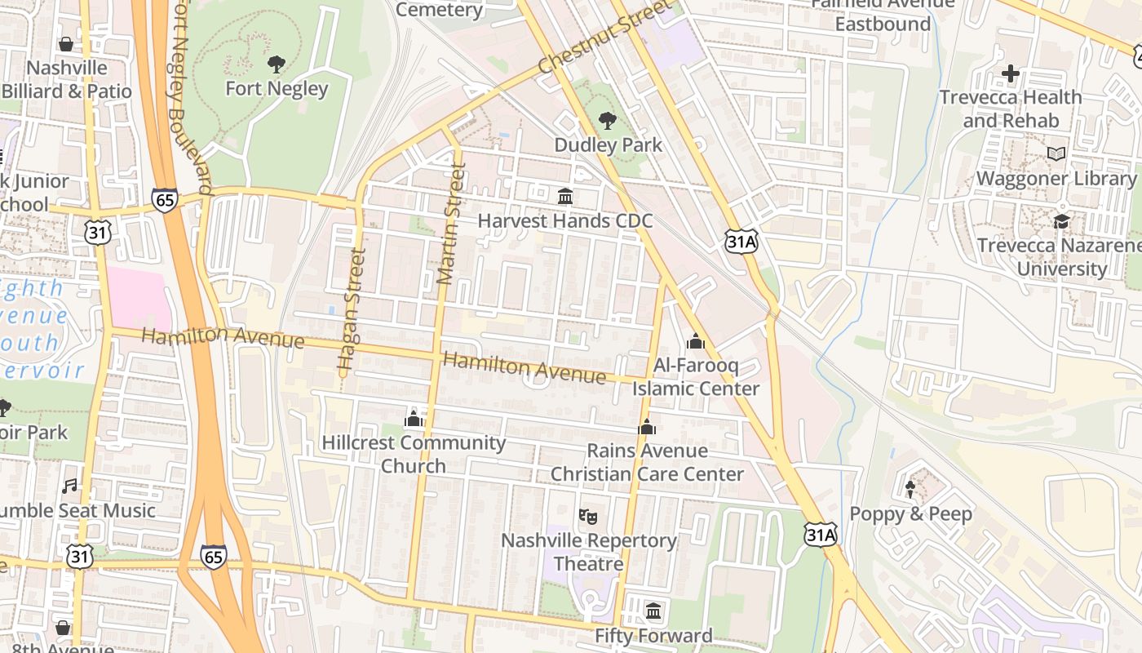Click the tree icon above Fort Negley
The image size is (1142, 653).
point(277,64)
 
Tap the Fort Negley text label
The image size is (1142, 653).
point(277,88)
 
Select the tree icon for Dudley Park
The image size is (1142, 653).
point(608,121)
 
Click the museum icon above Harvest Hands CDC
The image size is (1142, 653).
point(564,197)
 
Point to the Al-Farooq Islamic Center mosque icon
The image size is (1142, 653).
point(696,341)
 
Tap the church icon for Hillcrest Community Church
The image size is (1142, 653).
point(414,420)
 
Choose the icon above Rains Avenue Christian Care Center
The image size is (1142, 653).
point(647,427)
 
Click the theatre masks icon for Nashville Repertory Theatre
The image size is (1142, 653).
point(588,516)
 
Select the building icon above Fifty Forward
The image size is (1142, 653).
point(653,611)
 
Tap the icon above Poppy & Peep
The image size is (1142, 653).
point(910,490)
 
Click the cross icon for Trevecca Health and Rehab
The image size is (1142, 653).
point(1011,73)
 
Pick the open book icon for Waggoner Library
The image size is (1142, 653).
point(1056,153)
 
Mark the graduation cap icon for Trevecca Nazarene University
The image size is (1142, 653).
point(1061,221)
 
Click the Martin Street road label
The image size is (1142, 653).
point(451,224)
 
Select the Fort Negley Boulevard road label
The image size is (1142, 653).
point(190,98)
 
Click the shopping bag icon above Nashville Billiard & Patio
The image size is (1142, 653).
point(66,44)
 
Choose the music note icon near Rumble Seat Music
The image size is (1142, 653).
point(70,486)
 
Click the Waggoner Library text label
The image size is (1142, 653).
point(1056,178)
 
